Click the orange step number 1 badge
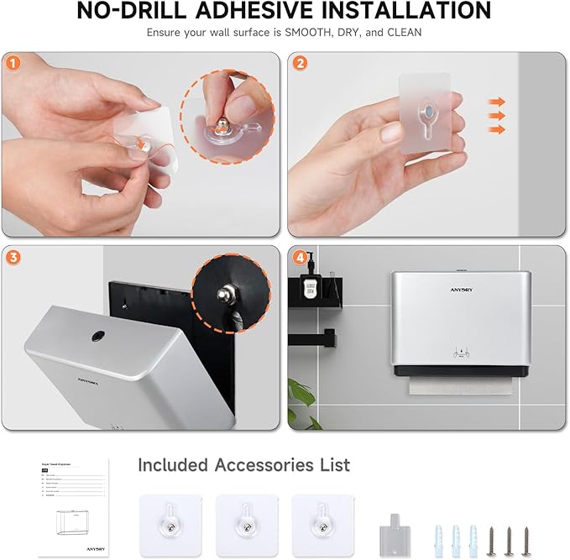13,62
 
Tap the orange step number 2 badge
300,62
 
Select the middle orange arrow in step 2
497,115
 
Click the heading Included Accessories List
243,465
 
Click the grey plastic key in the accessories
389,526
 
